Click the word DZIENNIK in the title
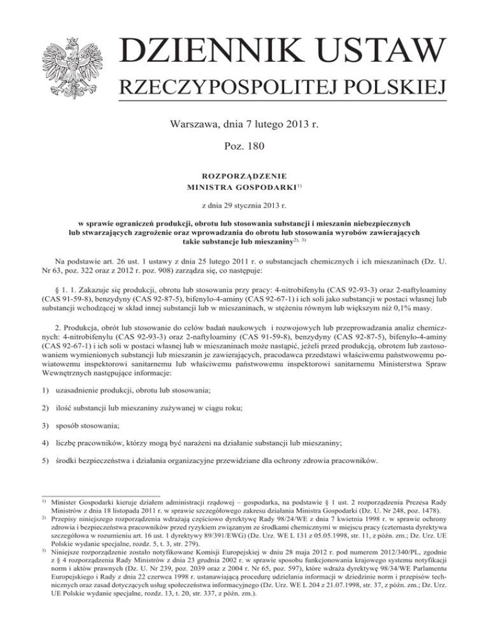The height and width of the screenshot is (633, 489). pyautogui.click(x=202, y=53)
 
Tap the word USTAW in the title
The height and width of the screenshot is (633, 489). pyautogui.click(x=372, y=53)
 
